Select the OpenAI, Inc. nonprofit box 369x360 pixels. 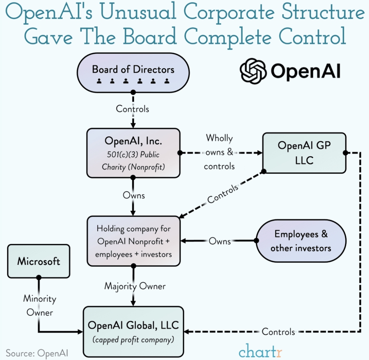[133, 153]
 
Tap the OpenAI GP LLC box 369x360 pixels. [304, 153]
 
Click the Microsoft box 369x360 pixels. [38, 261]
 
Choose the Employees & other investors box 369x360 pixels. [301, 241]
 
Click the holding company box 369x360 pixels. [133, 241]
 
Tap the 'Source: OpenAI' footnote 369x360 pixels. [37, 353]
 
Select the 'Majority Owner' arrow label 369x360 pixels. [135, 286]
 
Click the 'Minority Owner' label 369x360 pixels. [39, 305]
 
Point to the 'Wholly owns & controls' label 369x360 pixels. [219, 152]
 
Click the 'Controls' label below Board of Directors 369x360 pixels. [132, 109]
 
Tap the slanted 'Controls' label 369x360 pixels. [223, 194]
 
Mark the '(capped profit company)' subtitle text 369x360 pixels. [133, 339]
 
